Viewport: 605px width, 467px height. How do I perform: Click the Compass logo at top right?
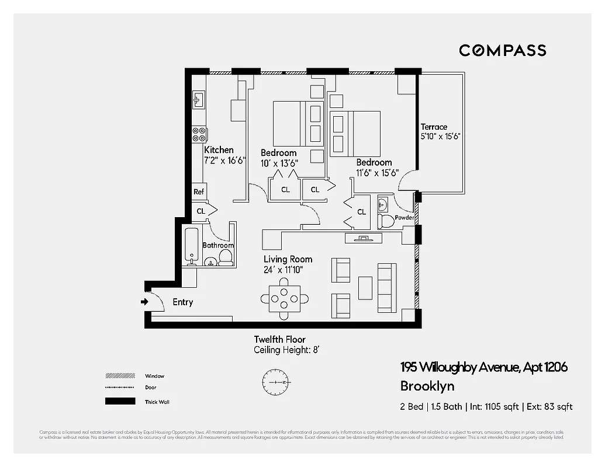tap(502, 50)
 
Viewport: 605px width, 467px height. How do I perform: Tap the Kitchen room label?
tap(219, 150)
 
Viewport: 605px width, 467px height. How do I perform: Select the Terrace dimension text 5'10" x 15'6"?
tap(441, 137)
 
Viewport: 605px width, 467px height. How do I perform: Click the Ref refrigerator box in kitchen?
tap(199, 191)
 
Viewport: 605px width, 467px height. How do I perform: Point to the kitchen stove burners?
tap(199, 135)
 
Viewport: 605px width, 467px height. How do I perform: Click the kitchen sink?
tap(198, 100)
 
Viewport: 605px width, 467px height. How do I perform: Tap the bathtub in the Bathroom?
tap(191, 246)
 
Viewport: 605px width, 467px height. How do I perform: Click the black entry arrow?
tap(144, 302)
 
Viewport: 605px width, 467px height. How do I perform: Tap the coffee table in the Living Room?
tap(365, 287)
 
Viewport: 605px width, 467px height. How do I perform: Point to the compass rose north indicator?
tap(275, 382)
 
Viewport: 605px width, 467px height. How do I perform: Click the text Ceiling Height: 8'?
tap(286, 350)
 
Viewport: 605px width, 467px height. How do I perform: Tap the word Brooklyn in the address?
tap(427, 386)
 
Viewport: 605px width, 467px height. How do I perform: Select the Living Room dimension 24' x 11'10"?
tap(283, 270)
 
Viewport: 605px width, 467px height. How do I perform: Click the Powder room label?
tap(404, 218)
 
